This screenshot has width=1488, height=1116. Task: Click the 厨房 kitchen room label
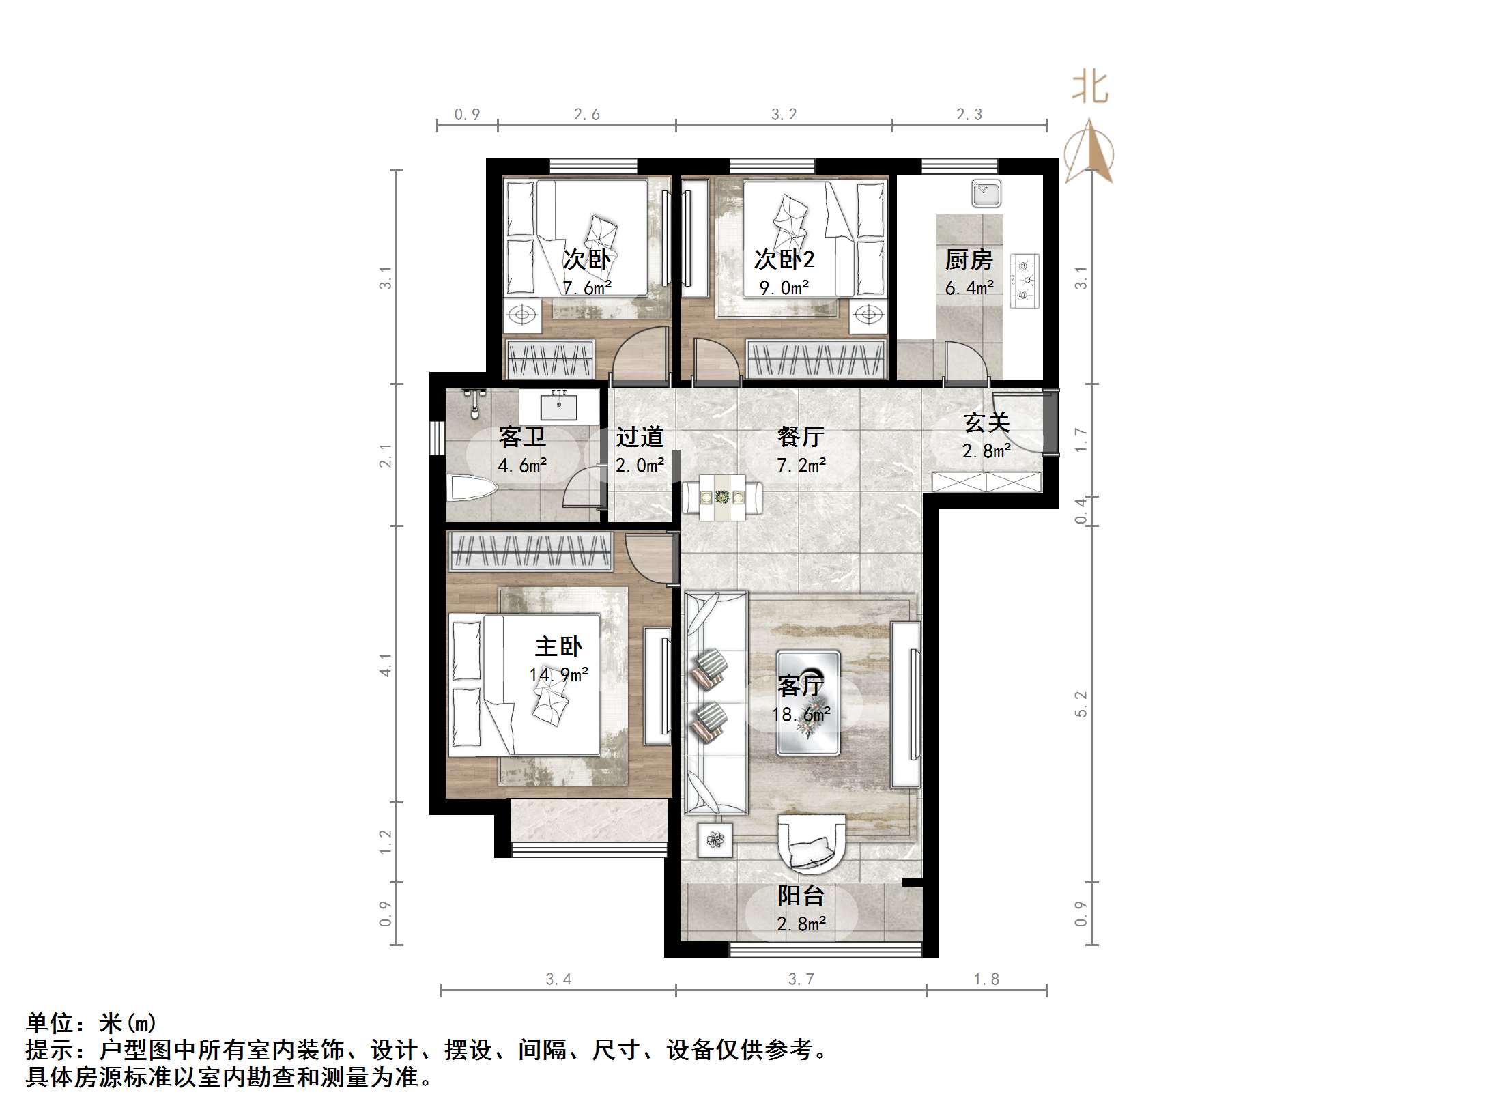[x=969, y=260]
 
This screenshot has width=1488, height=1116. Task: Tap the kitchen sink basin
[x=986, y=193]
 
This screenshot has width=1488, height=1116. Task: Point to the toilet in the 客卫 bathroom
[x=471, y=489]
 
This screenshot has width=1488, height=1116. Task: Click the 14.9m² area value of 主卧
[x=558, y=675]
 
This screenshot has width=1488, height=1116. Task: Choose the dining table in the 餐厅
[x=722, y=498]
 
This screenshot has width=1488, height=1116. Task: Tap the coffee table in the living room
[x=808, y=703]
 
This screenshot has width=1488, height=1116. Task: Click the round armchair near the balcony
[x=812, y=844]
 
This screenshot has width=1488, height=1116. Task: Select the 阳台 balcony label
[x=801, y=896]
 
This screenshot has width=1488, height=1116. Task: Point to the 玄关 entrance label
[x=986, y=423]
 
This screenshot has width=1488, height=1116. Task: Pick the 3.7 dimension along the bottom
[x=801, y=979]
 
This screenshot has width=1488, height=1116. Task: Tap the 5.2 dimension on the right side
[x=1081, y=704]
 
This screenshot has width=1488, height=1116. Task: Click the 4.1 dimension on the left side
[x=386, y=665]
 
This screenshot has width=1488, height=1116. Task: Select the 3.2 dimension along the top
[x=784, y=115]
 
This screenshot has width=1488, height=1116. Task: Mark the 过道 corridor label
[x=640, y=437]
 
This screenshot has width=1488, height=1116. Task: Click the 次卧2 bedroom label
[x=784, y=260]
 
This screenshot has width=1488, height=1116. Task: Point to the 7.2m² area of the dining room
[x=801, y=466]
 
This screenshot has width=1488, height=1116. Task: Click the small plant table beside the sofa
[x=715, y=840]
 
